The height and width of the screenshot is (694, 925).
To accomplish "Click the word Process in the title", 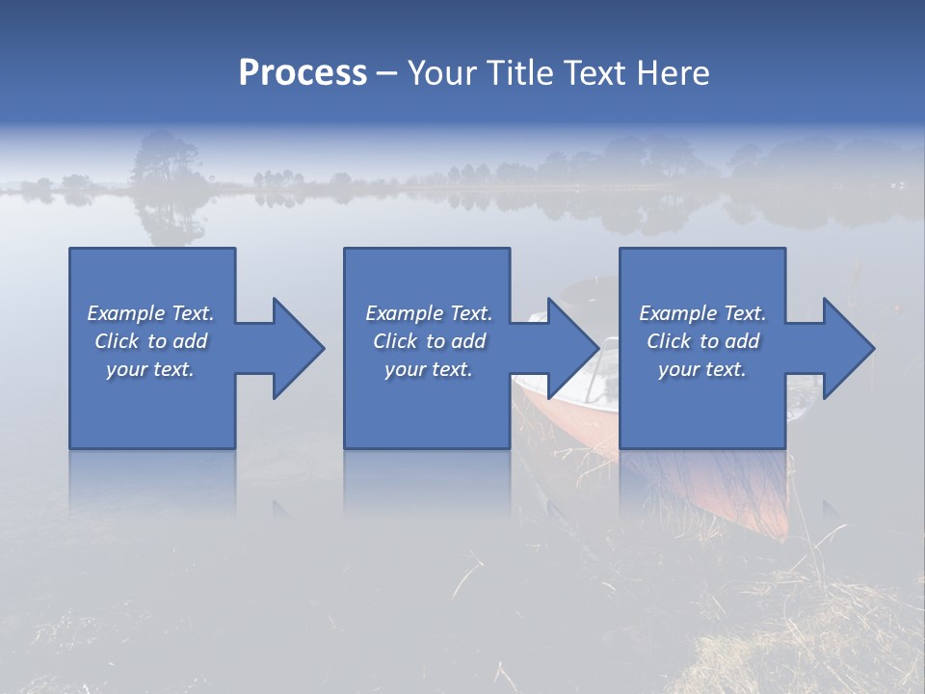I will coord(303,73).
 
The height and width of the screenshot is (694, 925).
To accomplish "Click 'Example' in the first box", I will coord(126,313).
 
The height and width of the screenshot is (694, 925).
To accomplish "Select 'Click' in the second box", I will coord(394,341).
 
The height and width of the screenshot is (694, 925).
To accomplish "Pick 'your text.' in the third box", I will coord(702,369).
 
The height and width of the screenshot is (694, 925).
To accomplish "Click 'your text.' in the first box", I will coord(150,369).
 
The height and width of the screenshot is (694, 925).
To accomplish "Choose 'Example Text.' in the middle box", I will coord(429,313).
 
